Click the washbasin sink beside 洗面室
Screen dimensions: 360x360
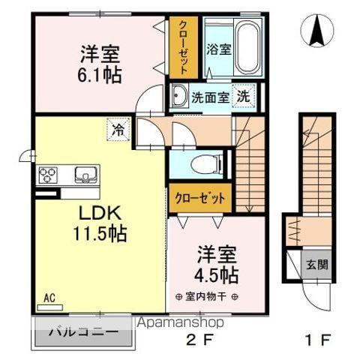point(179,96)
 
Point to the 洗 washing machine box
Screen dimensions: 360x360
point(244,96)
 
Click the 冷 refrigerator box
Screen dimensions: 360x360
point(118,129)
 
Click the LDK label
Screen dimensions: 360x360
point(99,211)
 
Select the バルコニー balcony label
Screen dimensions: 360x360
point(82,331)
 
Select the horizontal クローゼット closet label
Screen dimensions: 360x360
point(200,199)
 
